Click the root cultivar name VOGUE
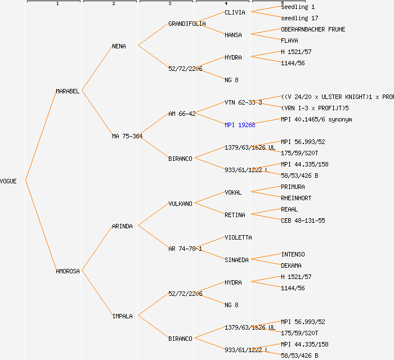[8, 181]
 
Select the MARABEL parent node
[68, 91]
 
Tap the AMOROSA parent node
[68, 271]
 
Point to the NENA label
[119, 46]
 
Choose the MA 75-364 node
[127, 136]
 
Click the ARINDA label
[122, 226]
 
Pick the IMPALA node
[122, 316]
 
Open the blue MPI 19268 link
[240, 125]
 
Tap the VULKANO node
[180, 204]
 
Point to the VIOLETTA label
[238, 237]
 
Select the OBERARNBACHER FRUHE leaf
[313, 29]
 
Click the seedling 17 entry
[299, 18]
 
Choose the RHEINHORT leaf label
[296, 198]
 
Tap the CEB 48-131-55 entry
[303, 220]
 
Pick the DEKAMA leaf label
[291, 265]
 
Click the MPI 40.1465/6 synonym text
[316, 119]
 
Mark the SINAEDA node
[236, 260]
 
